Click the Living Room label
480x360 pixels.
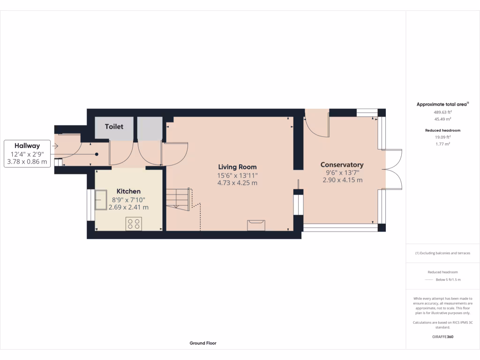(237, 167)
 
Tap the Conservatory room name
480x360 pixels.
(342, 165)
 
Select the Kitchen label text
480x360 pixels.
(128, 191)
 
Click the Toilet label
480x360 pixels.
(114, 127)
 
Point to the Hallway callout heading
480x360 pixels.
(27, 146)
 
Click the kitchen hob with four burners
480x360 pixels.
(134, 224)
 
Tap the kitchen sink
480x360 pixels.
(101, 201)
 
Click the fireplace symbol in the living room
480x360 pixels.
(256, 225)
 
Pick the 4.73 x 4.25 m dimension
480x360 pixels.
(237, 183)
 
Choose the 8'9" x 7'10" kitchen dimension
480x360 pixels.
(128, 199)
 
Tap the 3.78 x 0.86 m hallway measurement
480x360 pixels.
(27, 162)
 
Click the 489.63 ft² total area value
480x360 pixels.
(442, 112)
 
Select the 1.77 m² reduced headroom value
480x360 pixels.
(443, 144)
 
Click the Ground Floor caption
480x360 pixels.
(203, 343)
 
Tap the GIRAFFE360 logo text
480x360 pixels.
(443, 337)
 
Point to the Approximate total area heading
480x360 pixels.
(442, 105)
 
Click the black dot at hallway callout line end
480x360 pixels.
(97, 154)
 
